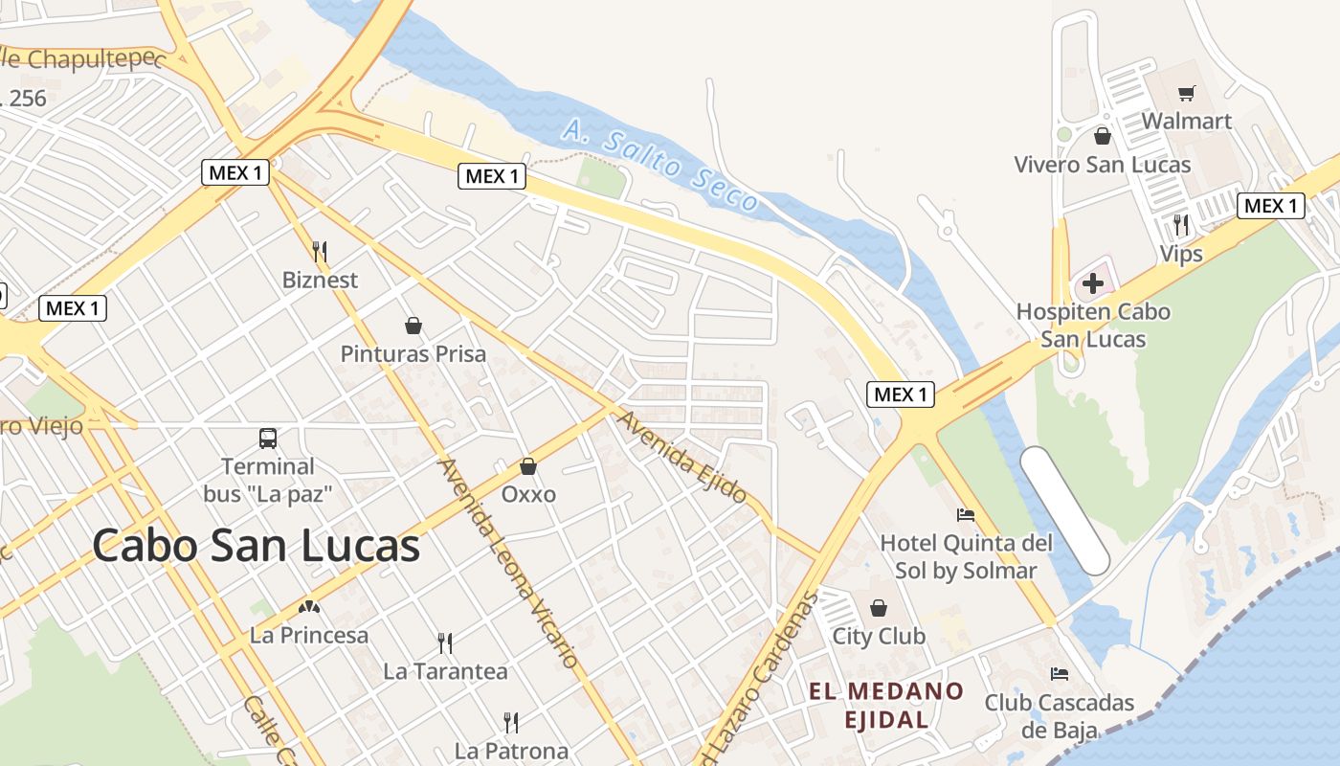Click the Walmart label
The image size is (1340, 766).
click(1186, 122)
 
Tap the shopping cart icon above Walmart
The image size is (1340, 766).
click(1187, 93)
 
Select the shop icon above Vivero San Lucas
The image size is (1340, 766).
click(1103, 136)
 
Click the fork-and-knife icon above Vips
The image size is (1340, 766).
click(1181, 225)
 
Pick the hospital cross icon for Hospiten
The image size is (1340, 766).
click(1092, 283)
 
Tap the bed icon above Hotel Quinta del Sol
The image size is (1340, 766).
click(966, 515)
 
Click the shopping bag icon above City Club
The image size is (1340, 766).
click(878, 608)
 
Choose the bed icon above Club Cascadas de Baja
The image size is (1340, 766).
click(1059, 674)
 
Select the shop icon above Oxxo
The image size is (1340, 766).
click(527, 466)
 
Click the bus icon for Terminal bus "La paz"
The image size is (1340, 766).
click(268, 439)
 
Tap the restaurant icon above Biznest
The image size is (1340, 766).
click(320, 252)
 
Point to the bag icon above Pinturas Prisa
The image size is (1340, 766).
click(413, 326)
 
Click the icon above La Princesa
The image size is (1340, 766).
click(308, 606)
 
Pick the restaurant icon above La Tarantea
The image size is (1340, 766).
click(445, 642)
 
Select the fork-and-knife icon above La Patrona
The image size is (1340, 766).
click(511, 722)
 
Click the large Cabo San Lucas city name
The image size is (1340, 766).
click(257, 546)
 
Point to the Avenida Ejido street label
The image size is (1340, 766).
click(681, 457)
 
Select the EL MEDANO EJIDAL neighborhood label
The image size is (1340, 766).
click(885, 705)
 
